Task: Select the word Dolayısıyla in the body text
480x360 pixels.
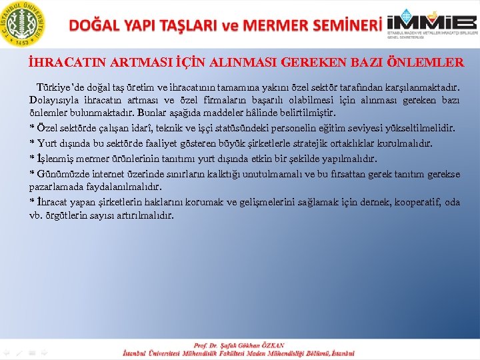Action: [x=53, y=101]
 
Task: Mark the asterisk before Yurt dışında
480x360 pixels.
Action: [x=32, y=143]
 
